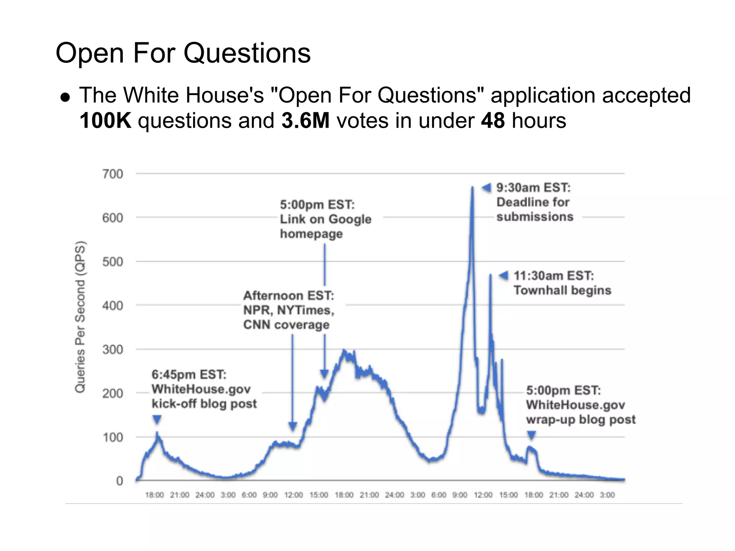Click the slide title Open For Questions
pos(183,53)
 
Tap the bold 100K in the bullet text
pos(105,121)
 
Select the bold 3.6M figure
pos(305,121)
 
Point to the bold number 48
pos(493,121)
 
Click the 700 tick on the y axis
pos(112,174)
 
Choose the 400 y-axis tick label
pos(112,306)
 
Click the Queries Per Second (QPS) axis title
pos(80,317)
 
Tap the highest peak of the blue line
pos(472,187)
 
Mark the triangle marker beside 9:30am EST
pos(486,188)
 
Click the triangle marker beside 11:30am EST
pos(504,275)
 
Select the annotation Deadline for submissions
pos(534,209)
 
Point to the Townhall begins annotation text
pos(562,290)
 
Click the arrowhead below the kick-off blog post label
pos(157,419)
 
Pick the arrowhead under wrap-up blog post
pos(532,435)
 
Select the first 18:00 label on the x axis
pos(154,495)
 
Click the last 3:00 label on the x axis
pos(607,495)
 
